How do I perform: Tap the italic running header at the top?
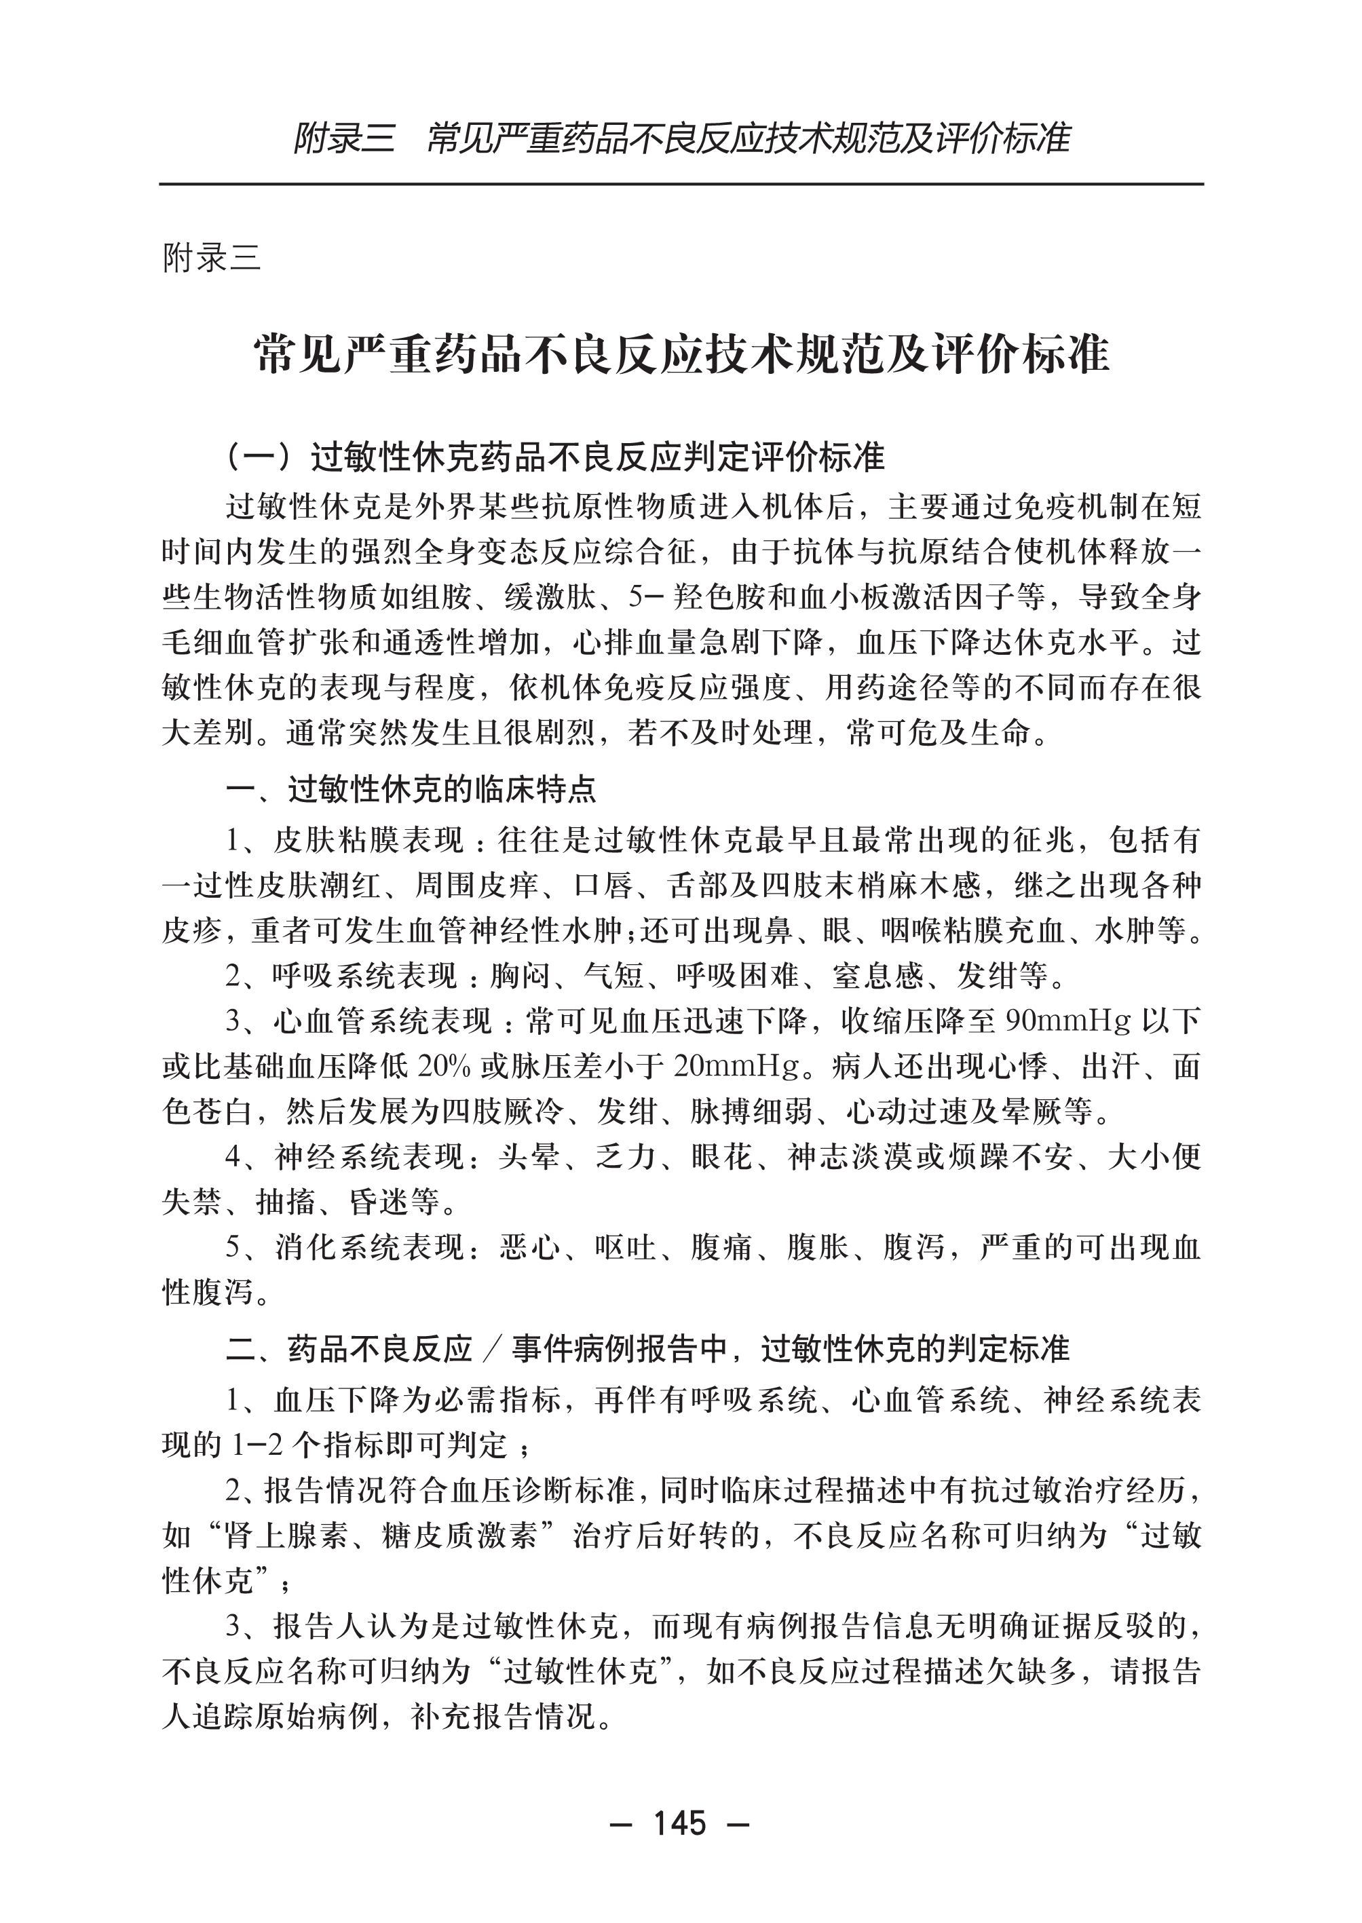(x=681, y=138)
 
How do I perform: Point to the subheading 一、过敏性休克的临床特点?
(x=411, y=789)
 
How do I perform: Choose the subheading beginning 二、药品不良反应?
(x=647, y=1348)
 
